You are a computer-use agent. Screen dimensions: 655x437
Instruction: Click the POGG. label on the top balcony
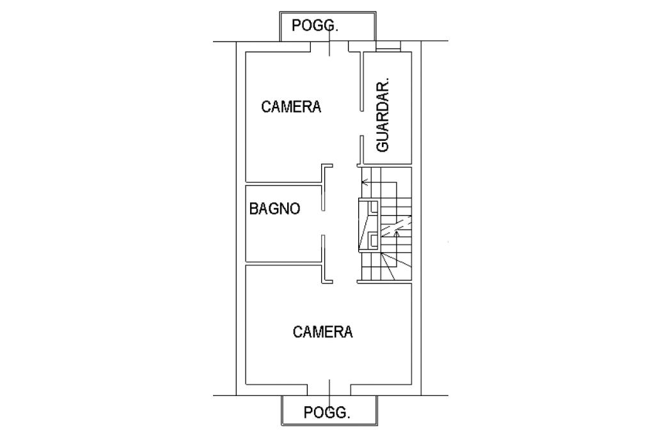click(315, 26)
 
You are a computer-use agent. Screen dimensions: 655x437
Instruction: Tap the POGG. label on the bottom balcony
click(327, 412)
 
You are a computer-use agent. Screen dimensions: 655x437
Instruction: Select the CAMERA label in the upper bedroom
click(291, 107)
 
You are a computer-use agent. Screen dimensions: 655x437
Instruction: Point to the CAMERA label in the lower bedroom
click(323, 332)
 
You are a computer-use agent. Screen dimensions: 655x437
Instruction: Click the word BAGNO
click(274, 209)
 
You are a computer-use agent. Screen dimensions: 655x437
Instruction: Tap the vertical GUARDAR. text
click(384, 116)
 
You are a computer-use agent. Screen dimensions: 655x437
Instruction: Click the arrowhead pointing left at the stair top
click(365, 182)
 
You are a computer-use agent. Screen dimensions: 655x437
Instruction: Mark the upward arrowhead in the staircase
click(397, 234)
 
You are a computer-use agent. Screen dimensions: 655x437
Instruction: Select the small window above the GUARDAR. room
click(388, 46)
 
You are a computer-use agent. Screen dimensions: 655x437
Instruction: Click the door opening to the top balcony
click(329, 47)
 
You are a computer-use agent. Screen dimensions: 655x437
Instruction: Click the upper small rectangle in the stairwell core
click(370, 207)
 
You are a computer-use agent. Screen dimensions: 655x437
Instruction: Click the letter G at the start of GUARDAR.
click(384, 145)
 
